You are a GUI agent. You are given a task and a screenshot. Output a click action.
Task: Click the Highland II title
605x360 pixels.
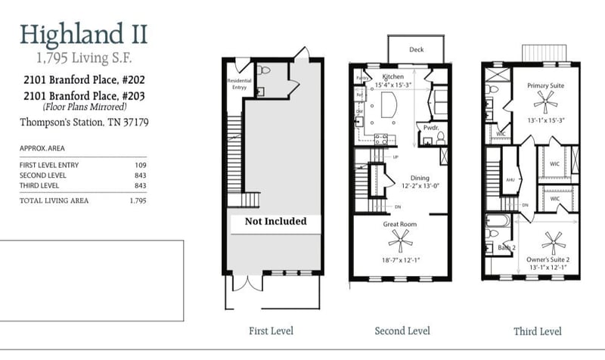(83, 33)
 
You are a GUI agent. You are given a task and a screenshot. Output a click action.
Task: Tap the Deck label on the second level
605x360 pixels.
(416, 50)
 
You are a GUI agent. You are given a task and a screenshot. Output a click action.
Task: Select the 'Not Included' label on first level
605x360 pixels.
(275, 222)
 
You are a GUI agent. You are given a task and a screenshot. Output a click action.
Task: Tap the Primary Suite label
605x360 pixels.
(545, 86)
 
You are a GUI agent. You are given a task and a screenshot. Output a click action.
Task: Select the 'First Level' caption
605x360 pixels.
(271, 331)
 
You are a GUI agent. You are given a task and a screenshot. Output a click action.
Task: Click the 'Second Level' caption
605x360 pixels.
(402, 331)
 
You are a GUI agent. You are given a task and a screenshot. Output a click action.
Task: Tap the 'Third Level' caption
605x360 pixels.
(537, 331)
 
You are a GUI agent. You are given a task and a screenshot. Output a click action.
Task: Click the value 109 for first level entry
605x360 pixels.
(138, 165)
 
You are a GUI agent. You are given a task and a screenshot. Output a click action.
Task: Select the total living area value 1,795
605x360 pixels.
(137, 200)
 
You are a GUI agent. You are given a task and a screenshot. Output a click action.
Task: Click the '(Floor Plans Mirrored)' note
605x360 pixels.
(84, 107)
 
